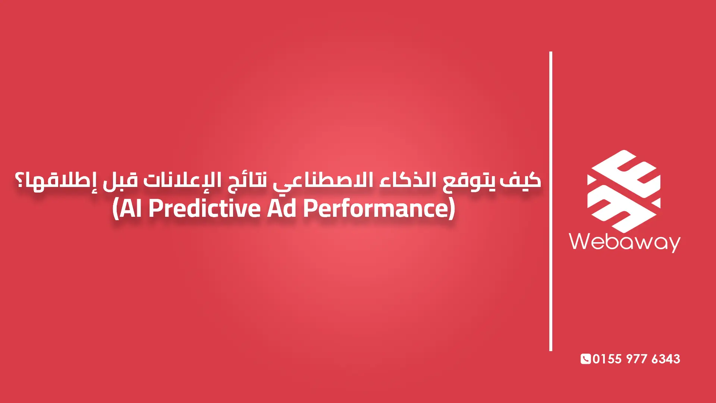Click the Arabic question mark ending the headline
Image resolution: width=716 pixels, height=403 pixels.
[x=19, y=180]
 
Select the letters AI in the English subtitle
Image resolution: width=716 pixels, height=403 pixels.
[x=131, y=208]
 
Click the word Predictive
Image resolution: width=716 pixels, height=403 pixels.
[x=204, y=208]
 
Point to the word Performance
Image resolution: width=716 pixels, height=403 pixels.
[x=374, y=208]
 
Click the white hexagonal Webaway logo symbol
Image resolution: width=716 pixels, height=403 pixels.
[x=624, y=191]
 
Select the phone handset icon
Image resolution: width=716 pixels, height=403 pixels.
[x=585, y=359]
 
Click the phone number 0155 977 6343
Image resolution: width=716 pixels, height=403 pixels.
[x=636, y=359]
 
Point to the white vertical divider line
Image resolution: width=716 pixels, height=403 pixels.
[x=551, y=201]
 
